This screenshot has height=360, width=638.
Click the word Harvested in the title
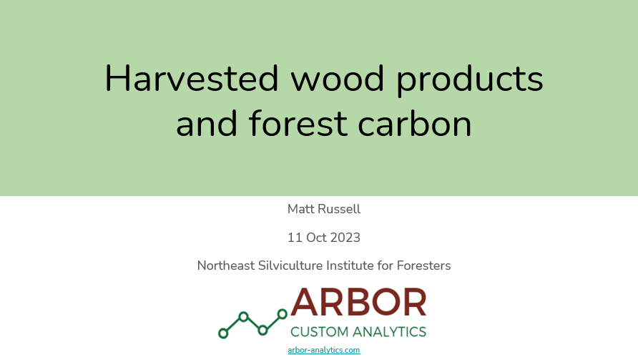192,78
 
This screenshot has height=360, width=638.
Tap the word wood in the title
338,78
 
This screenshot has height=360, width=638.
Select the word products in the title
470,80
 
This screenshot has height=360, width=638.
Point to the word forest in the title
298,123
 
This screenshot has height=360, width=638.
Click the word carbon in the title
415,123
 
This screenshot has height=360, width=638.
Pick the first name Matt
300,209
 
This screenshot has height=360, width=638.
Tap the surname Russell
339,209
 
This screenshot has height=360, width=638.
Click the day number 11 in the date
295,238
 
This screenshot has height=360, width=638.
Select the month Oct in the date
316,238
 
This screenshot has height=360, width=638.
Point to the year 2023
345,238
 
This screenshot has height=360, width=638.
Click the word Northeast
226,266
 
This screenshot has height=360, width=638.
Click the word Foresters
423,266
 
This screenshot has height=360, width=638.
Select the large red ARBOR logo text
358,302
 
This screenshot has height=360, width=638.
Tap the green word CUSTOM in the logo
320,332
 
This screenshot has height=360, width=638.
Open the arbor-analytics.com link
324,350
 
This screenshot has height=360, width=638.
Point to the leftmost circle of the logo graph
223,334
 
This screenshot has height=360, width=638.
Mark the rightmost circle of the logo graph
282,314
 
